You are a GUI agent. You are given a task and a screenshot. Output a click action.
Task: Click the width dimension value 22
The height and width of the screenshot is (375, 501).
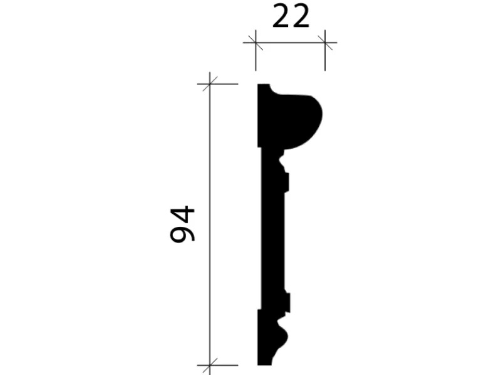291,18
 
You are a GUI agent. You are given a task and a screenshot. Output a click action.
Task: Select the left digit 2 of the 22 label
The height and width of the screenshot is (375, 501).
282,18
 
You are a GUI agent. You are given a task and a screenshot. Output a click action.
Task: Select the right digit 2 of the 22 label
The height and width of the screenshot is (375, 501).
301,18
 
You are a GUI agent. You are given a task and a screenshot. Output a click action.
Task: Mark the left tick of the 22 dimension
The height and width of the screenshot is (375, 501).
255,42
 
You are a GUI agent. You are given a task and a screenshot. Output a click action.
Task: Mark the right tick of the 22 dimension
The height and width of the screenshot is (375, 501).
325,42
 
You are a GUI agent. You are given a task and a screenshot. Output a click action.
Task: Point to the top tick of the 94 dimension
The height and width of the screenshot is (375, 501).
209,84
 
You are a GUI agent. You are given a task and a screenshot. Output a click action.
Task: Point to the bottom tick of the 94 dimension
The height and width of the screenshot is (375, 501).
209,364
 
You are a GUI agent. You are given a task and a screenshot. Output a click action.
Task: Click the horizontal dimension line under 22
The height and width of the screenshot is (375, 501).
290,42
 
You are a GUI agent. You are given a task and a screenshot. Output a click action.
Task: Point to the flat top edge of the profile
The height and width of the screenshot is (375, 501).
264,85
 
